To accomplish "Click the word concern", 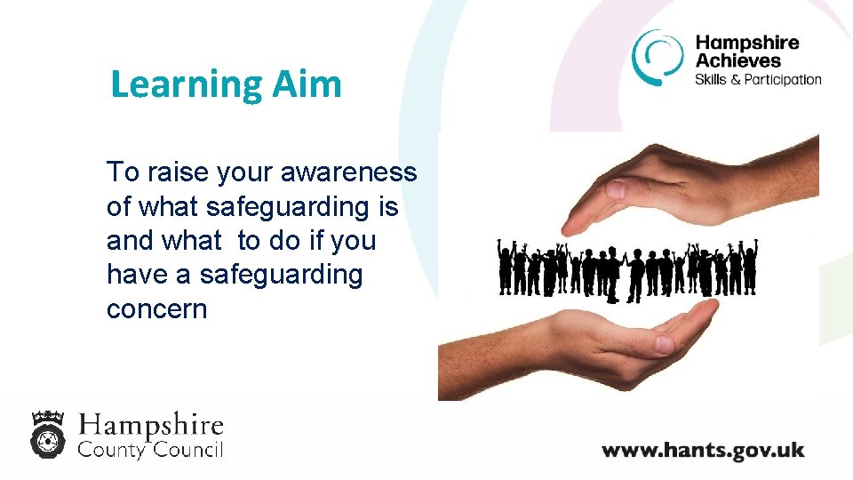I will point(156,309).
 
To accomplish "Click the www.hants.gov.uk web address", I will point(703,450).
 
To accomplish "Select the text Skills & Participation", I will point(758,79).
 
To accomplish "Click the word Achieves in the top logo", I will point(738,60).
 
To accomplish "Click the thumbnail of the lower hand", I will point(662,343).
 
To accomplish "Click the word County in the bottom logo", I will point(111,450).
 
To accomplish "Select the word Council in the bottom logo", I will point(187,450).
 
